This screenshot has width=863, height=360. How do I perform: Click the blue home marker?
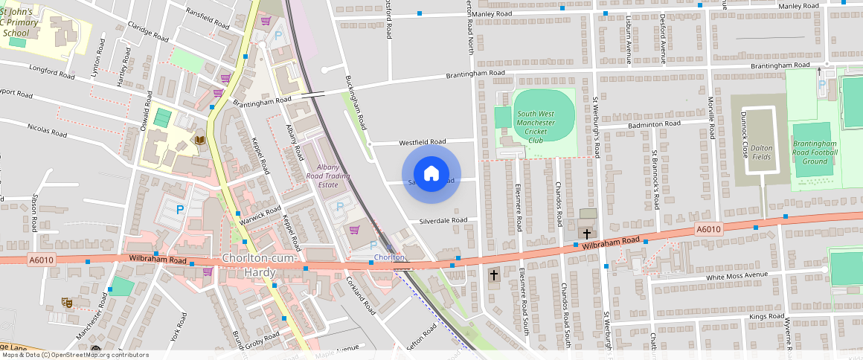[431, 174]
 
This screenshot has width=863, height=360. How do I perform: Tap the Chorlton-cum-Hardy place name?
[260, 266]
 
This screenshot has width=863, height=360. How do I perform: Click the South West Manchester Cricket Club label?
[536, 126]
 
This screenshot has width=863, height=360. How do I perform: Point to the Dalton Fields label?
[761, 152]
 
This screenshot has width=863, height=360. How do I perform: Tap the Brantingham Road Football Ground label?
[815, 152]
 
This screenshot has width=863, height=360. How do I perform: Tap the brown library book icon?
[199, 139]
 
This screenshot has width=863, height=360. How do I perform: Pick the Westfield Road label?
[422, 141]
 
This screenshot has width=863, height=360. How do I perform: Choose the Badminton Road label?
[654, 124]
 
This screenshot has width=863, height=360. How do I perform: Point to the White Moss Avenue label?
[736, 276]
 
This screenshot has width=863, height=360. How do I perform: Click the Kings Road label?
[766, 317]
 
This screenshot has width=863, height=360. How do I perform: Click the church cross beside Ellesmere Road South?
[493, 275]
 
